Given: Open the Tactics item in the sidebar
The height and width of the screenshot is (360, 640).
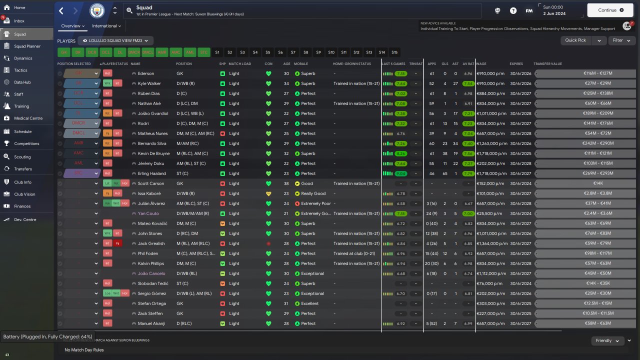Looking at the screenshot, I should pyautogui.click(x=20, y=70).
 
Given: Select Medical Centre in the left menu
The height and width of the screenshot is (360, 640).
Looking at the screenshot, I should pyautogui.click(x=28, y=118).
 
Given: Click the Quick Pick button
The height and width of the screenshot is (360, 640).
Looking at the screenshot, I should pyautogui.click(x=575, y=40).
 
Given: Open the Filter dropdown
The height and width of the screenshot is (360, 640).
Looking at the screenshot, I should pyautogui.click(x=621, y=40).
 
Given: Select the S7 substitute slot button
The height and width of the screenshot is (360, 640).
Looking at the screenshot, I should pyautogui.click(x=293, y=52).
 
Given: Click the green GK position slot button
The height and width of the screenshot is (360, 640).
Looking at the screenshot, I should pyautogui.click(x=64, y=52).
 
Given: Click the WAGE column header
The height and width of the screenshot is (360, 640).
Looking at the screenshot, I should pyautogui.click(x=481, y=64).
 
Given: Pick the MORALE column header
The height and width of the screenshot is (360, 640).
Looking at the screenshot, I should pyautogui.click(x=301, y=64).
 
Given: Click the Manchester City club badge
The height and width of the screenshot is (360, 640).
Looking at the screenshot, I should pyautogui.click(x=97, y=10).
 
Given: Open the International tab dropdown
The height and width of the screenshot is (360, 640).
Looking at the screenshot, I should pyautogui.click(x=106, y=26).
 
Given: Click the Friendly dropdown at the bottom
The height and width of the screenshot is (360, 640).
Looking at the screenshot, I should pyautogui.click(x=606, y=340).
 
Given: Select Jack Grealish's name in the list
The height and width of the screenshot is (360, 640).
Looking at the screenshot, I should pyautogui.click(x=150, y=243).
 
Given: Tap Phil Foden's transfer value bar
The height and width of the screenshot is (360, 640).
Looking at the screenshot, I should pyautogui.click(x=585, y=253).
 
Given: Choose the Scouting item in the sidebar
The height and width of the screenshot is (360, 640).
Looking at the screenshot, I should pyautogui.click(x=22, y=157).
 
